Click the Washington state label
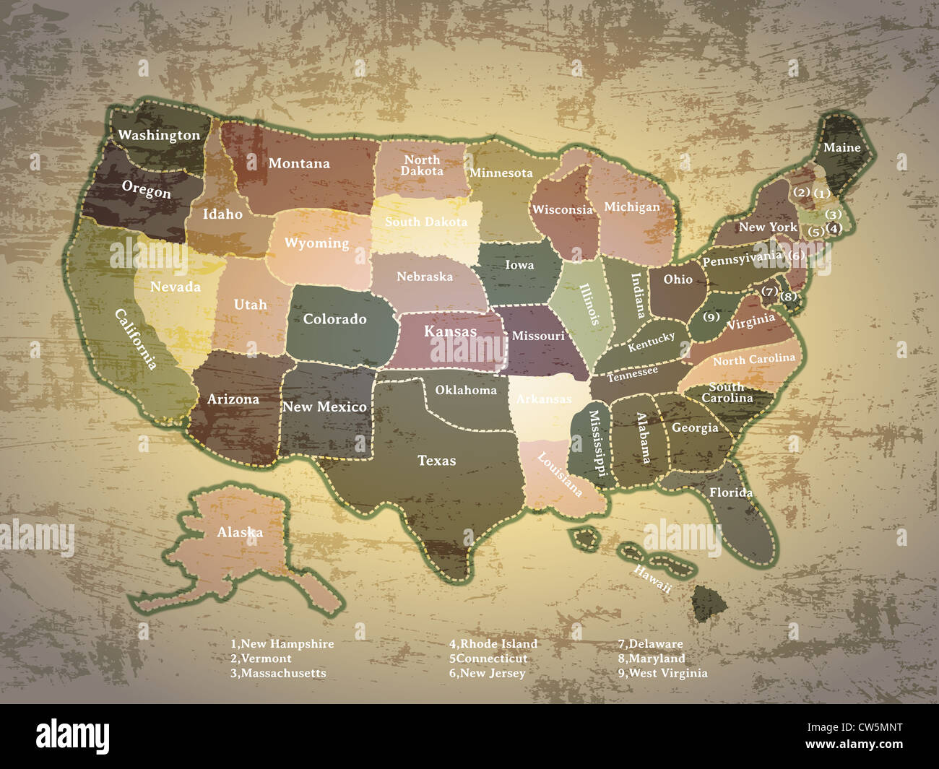[159, 135]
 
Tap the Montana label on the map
[299, 163]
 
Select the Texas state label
[436, 460]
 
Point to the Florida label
[730, 492]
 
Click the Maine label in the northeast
[841, 147]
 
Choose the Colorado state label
[334, 318]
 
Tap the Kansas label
[450, 331]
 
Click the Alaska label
[240, 532]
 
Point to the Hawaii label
[652, 579]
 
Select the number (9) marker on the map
[711, 317]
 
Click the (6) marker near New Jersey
[795, 255]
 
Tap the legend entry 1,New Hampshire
[282, 643]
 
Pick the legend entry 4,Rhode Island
[493, 643]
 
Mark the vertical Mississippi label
[597, 443]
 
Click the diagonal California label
[136, 339]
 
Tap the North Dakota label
[422, 165]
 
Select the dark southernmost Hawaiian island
[710, 602]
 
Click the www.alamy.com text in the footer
[853, 744]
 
